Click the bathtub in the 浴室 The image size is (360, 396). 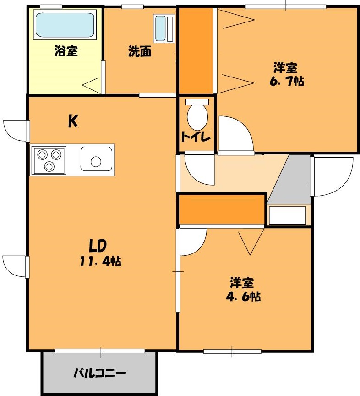65,25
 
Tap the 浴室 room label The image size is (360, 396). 65,51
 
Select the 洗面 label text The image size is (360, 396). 139,51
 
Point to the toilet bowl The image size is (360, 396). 197,117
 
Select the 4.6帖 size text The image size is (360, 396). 243,297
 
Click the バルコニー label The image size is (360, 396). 100,374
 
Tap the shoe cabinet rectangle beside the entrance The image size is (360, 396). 287,215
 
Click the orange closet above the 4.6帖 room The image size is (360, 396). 221,209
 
